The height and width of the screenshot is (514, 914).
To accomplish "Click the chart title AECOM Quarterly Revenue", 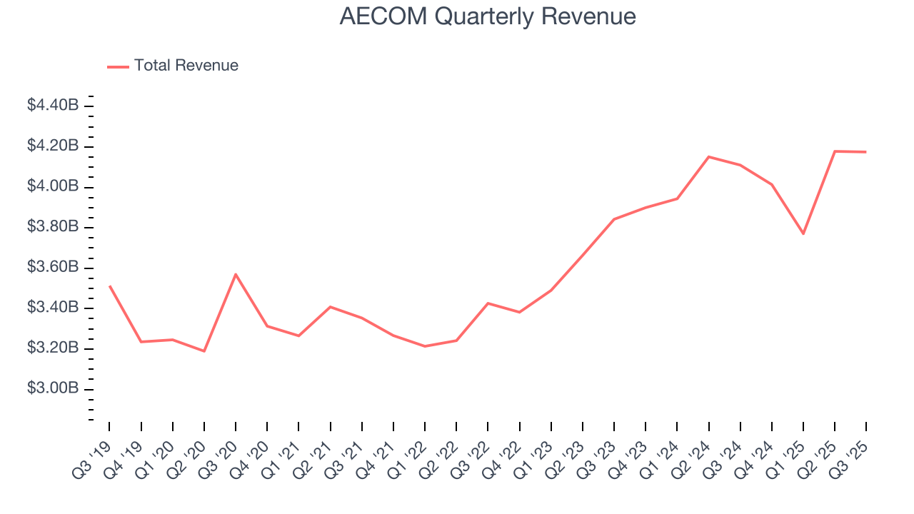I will pos(488,16).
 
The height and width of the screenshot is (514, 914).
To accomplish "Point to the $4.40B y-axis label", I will pos(53,106).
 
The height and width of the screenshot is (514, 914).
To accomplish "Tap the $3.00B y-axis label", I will pos(53,389).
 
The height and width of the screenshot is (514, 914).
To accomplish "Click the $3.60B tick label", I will pos(53,268).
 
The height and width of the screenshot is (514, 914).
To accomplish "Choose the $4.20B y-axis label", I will pos(53,146).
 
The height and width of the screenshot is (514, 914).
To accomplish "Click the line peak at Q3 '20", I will pos(236,274).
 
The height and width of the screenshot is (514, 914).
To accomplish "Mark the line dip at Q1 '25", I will pos(803,233).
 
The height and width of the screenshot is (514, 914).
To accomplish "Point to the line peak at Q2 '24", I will pos(708,156).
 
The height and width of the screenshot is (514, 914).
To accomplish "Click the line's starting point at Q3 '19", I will pos(109,286).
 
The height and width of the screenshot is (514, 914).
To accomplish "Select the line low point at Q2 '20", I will pos(204,351).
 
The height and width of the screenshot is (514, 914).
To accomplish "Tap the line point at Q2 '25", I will pos(835,151).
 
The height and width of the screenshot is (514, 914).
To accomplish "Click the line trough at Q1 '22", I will pos(425,346).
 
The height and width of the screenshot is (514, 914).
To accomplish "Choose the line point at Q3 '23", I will pos(614,219).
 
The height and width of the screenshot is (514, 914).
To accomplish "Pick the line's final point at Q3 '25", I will pos(866,152).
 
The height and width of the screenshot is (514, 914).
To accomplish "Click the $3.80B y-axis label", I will pos(53,227).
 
